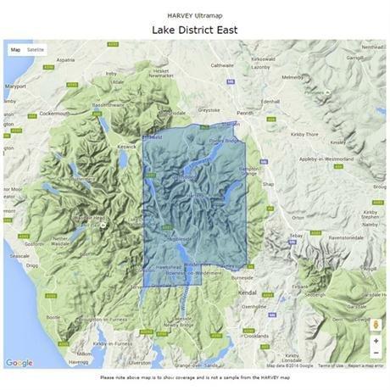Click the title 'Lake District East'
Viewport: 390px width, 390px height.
pyautogui.click(x=194, y=30)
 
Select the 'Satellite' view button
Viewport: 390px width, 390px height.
pyautogui.click(x=36, y=50)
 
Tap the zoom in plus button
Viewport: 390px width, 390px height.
pyautogui.click(x=376, y=340)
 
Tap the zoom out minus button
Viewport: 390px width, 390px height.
pyautogui.click(x=376, y=352)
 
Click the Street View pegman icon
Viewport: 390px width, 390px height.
pyautogui.click(x=376, y=323)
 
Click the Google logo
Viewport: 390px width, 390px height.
pyautogui.click(x=19, y=363)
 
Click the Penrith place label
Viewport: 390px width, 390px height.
pyautogui.click(x=245, y=112)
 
